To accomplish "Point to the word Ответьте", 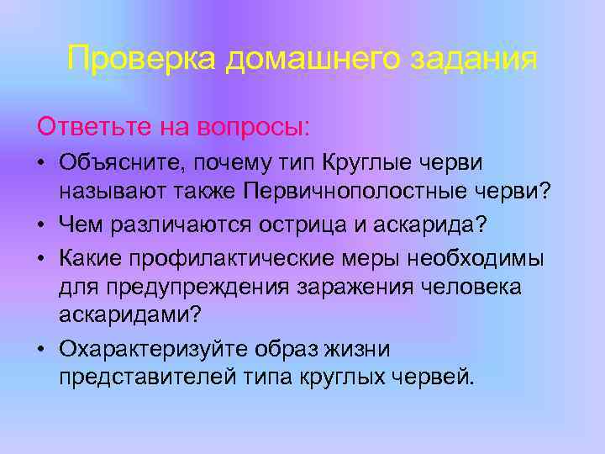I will click(x=92, y=127).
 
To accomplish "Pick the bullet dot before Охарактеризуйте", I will click(x=42, y=346).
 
